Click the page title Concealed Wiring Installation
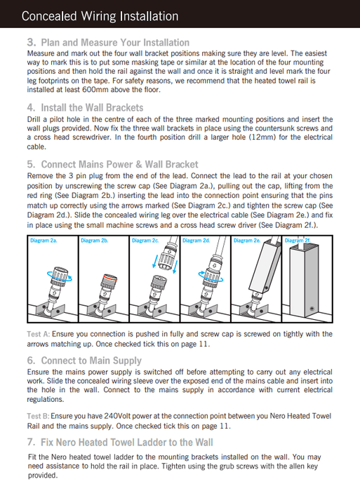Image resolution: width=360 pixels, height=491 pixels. pyautogui.click(x=100, y=16)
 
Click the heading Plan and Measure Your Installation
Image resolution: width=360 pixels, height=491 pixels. pyautogui.click(x=115, y=43)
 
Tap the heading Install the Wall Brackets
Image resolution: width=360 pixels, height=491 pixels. pyautogui.click(x=92, y=108)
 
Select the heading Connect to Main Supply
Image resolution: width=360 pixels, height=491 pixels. pyautogui.click(x=91, y=361)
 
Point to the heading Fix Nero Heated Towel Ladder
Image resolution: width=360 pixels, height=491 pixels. pyautogui.click(x=127, y=443)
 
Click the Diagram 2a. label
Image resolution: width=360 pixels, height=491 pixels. pyautogui.click(x=44, y=241)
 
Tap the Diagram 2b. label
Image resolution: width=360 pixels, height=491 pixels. pyautogui.click(x=94, y=241)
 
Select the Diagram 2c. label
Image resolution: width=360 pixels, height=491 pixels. pyautogui.click(x=145, y=241)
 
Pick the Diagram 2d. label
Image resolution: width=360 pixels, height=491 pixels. pyautogui.click(x=196, y=241)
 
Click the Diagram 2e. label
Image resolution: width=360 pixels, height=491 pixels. pyautogui.click(x=247, y=241)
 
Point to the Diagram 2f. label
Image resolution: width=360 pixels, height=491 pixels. pyautogui.click(x=298, y=241)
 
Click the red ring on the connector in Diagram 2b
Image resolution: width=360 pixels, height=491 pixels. pyautogui.click(x=109, y=277)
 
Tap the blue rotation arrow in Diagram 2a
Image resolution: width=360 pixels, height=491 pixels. pyautogui.click(x=60, y=276)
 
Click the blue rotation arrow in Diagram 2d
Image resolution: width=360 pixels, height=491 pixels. pyautogui.click(x=211, y=277)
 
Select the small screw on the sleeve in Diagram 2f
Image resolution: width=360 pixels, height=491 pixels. pyautogui.click(x=312, y=309)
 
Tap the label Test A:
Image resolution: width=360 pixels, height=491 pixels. pyautogui.click(x=38, y=334)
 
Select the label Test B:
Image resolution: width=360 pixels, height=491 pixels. pyautogui.click(x=38, y=416)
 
